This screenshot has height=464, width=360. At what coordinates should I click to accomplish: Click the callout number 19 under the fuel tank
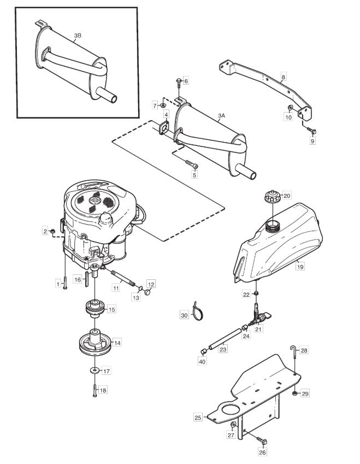click(x=300, y=267)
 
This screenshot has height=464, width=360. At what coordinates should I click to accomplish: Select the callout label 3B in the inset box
click(x=78, y=36)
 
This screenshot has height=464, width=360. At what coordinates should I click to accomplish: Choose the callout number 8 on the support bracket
click(x=284, y=77)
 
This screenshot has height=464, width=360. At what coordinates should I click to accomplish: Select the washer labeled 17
click(x=95, y=370)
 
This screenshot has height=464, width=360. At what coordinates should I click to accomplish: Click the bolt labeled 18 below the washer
click(x=95, y=390)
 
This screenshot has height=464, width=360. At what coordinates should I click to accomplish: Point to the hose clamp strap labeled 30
click(x=197, y=312)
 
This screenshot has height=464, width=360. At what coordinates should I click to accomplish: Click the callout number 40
click(x=203, y=362)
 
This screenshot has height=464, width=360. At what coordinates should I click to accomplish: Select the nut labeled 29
click(x=294, y=393)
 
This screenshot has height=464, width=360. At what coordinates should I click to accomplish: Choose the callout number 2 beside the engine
click(x=45, y=231)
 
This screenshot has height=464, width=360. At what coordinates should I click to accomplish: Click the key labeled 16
click(x=86, y=279)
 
